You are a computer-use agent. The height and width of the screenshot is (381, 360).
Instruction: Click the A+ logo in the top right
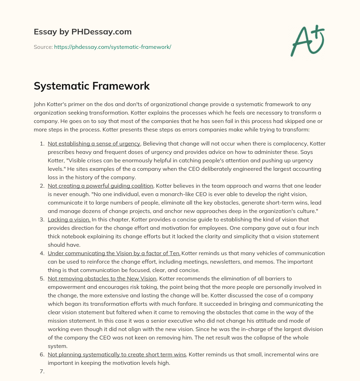pyautogui.click(x=307, y=41)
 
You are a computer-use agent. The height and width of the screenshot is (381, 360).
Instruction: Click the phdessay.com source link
pyautogui.click(x=112, y=47)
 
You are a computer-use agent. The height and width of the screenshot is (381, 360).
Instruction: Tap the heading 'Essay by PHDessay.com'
pyautogui.click(x=83, y=32)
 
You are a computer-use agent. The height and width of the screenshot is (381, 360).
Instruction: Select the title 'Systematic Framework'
pyautogui.click(x=92, y=86)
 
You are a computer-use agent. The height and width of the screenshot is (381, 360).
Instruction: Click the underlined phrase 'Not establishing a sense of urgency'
pyautogui.click(x=94, y=144)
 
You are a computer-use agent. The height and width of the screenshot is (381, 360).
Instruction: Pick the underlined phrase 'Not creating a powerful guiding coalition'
pyautogui.click(x=101, y=186)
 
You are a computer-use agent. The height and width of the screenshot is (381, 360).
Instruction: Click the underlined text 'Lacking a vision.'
pyautogui.click(x=69, y=220)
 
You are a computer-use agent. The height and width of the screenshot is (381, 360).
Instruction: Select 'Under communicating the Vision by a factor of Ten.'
pyautogui.click(x=114, y=253)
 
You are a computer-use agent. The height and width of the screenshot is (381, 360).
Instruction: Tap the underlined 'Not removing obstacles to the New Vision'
pyautogui.click(x=102, y=279)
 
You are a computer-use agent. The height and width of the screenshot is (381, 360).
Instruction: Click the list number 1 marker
pyautogui.click(x=42, y=144)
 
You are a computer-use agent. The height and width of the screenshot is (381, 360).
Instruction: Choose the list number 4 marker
pyautogui.click(x=42, y=253)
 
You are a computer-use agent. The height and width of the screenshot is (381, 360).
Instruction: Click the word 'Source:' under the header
pyautogui.click(x=43, y=47)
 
